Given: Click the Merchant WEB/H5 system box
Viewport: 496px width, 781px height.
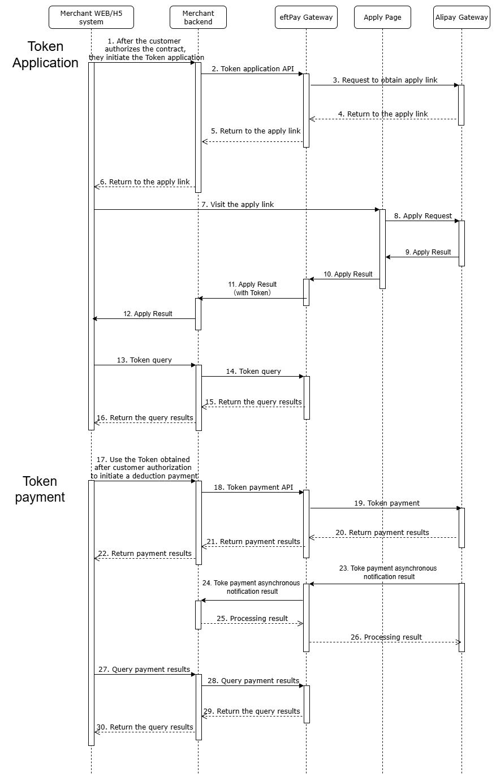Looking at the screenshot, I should pyautogui.click(x=91, y=18).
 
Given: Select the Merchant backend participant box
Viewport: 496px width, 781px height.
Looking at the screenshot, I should pyautogui.click(x=198, y=18).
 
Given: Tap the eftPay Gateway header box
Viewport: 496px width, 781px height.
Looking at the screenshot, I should pyautogui.click(x=306, y=18).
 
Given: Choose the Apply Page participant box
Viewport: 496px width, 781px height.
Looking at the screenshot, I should pyautogui.click(x=382, y=18).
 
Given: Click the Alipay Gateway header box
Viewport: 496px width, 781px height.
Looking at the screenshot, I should pyautogui.click(x=462, y=18).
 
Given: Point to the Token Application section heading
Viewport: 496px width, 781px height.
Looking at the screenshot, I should pyautogui.click(x=45, y=55).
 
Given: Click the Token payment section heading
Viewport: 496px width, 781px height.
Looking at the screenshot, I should pyautogui.click(x=40, y=489).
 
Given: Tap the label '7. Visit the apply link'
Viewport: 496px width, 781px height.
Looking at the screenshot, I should pyautogui.click(x=238, y=204).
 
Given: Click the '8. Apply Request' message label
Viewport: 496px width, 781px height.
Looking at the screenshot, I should pyautogui.click(x=424, y=215).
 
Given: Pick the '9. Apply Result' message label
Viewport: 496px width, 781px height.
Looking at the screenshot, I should pyautogui.click(x=428, y=252).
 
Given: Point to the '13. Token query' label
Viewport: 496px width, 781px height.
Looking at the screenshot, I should pyautogui.click(x=144, y=360).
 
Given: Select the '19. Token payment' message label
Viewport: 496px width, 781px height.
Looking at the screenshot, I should pyautogui.click(x=387, y=503).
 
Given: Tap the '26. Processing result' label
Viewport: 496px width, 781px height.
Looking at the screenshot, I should pyautogui.click(x=386, y=637).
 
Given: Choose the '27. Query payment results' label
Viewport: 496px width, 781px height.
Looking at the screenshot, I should pyautogui.click(x=144, y=669).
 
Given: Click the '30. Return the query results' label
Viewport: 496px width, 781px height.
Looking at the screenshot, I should pyautogui.click(x=145, y=727).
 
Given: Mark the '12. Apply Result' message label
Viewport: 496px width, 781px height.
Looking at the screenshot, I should pyautogui.click(x=148, y=313).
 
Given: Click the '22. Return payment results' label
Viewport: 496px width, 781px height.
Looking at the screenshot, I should pyautogui.click(x=145, y=553).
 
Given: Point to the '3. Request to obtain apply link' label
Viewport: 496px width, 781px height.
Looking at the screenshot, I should pyautogui.click(x=385, y=80).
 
